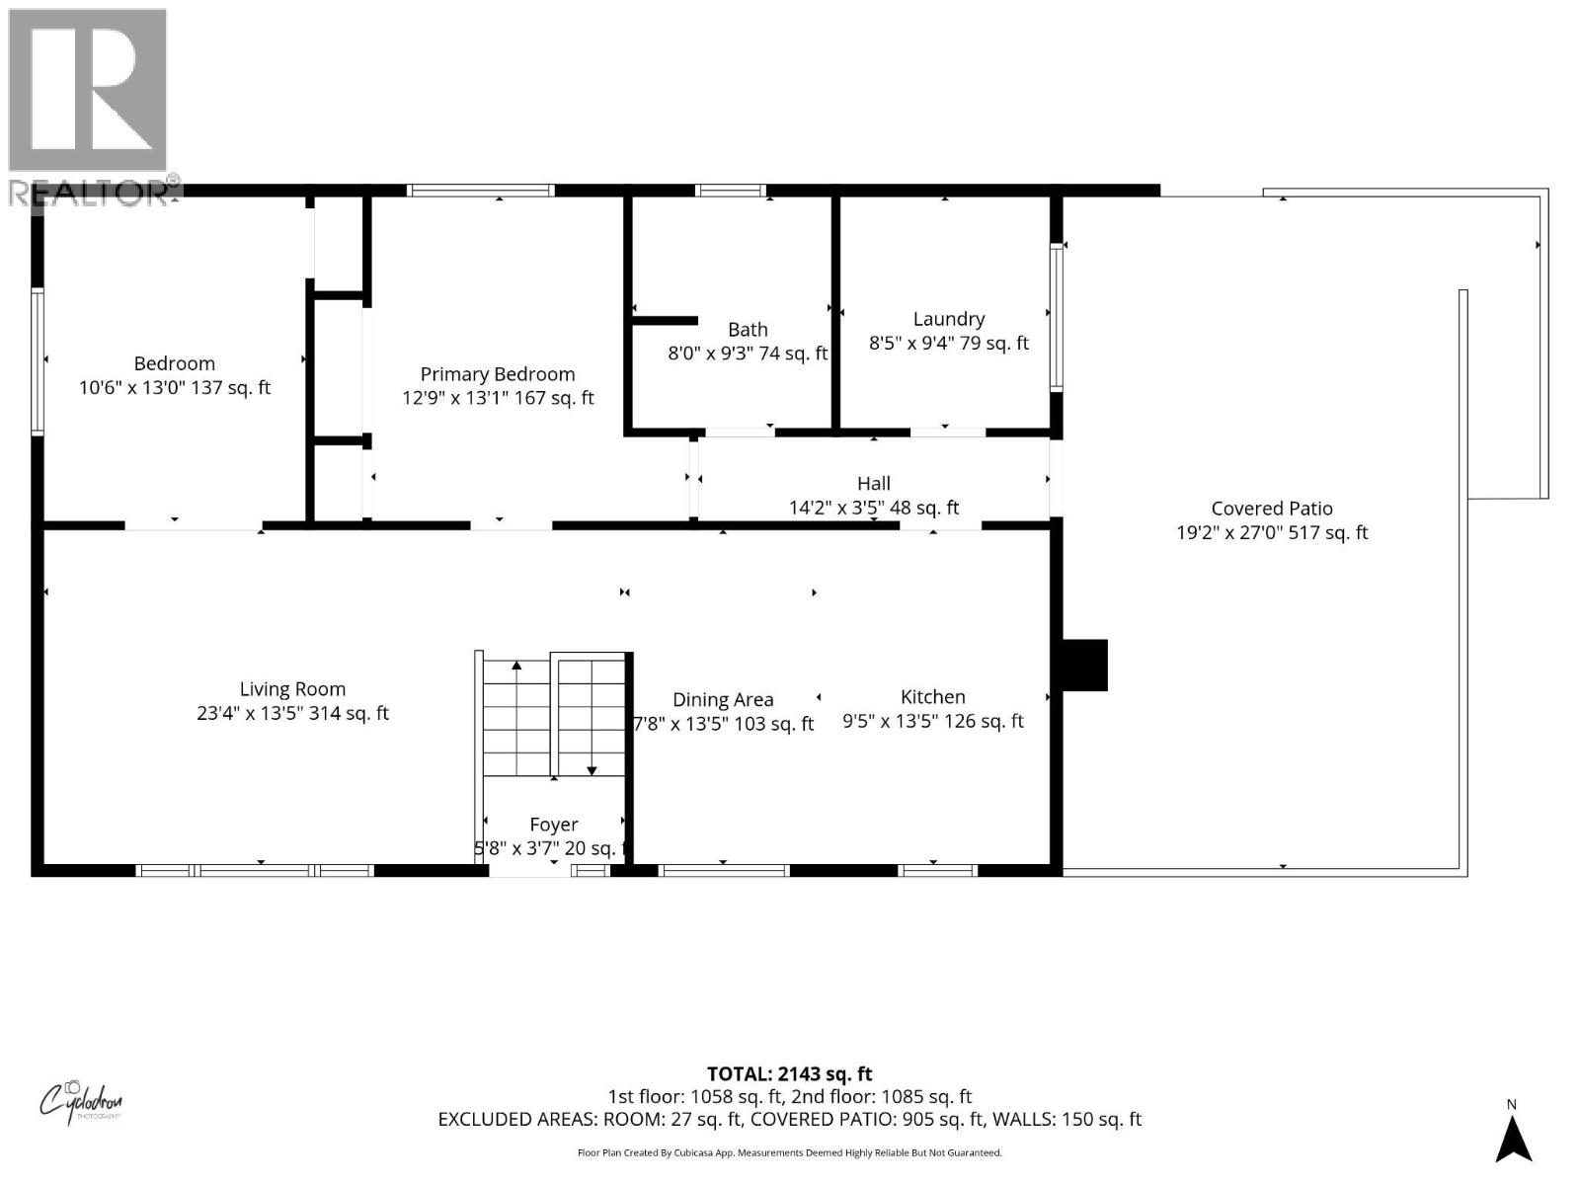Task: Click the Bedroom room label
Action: pos(174,363)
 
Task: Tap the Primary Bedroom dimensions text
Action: pos(498,398)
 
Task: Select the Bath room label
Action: pos(748,330)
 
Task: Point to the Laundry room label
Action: pos(948,319)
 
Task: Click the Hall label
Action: pos(873,483)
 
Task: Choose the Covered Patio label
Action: pos(1272,509)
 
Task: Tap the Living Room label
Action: pos(292,689)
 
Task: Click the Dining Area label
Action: pos(722,700)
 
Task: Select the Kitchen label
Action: pos(932,697)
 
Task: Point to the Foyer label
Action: pos(553,825)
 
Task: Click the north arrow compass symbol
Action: pos(1512,1138)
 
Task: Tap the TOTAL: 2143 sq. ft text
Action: pos(789,1073)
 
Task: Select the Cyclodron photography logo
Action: pos(81,1100)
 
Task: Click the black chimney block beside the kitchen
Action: pos(1084,665)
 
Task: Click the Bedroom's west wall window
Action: pos(38,360)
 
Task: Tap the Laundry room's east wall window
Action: pos(1056,316)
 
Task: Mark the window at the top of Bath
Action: pos(731,191)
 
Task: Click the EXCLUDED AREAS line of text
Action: pos(789,1119)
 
